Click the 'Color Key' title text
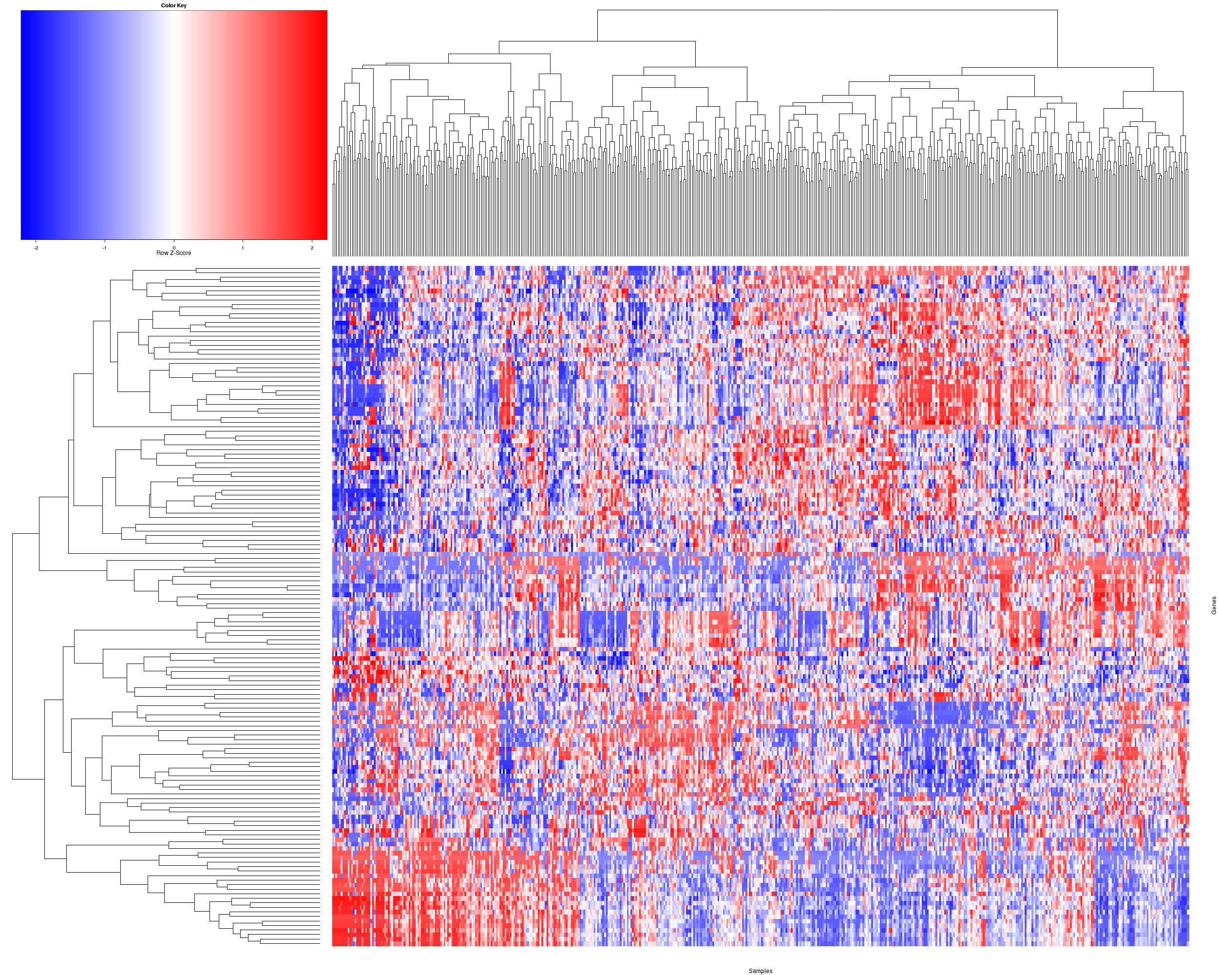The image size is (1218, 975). click(173, 6)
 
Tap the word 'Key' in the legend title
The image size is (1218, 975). click(181, 6)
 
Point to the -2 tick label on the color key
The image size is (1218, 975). click(36, 248)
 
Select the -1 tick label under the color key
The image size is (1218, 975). click(105, 248)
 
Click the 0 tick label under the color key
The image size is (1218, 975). click(174, 248)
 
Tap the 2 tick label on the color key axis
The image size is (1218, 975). click(312, 248)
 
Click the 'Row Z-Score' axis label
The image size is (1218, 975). click(173, 253)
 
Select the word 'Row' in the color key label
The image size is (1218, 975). click(162, 253)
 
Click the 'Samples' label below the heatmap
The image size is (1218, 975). click(760, 971)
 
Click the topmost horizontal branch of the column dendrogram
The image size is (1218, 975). click(827, 10)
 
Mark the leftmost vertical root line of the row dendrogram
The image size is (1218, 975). click(13, 656)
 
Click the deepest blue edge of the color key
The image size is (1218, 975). click(22, 124)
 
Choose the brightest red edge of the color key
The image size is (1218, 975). click(325, 124)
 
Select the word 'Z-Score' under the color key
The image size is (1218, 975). click(180, 253)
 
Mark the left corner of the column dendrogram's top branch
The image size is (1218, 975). click(598, 10)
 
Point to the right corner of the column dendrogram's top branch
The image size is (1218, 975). click(1057, 10)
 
